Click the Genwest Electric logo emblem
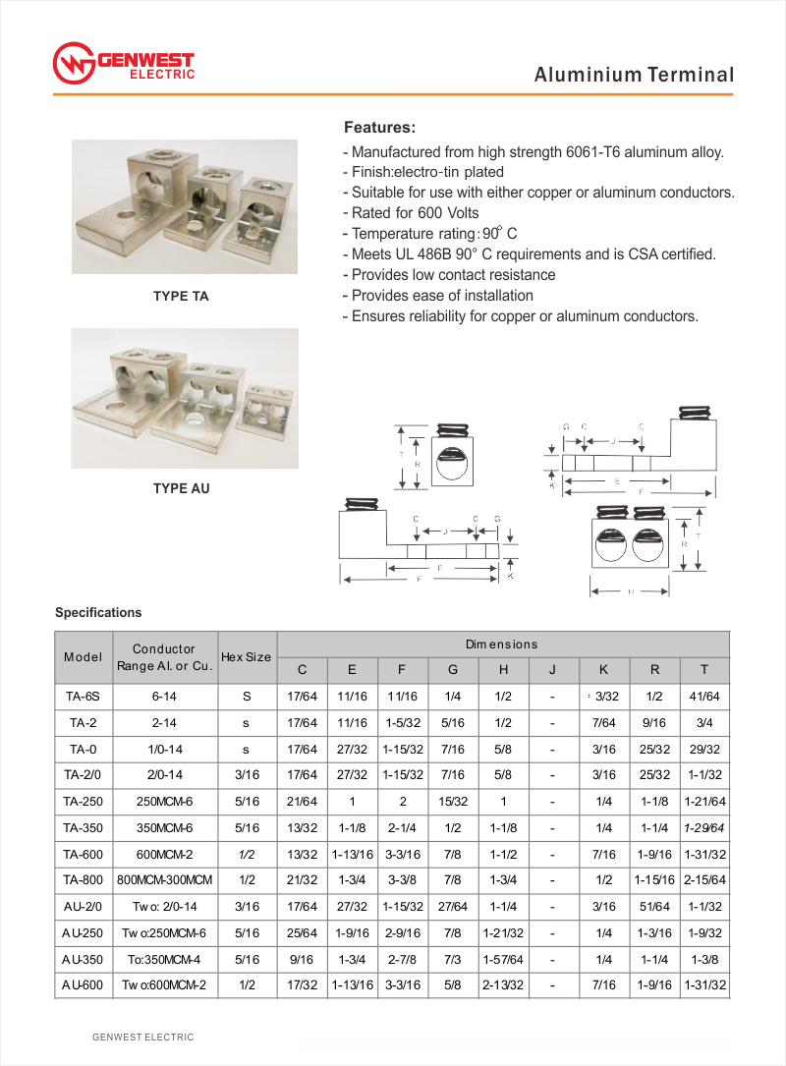73,64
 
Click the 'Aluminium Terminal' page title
634,75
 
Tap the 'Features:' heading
379,128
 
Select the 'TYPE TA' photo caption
181,296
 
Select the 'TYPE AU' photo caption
181,488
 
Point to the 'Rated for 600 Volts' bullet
415,213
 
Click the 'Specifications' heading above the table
98,613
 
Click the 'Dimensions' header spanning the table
502,645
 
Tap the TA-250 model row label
83,802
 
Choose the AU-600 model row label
83,984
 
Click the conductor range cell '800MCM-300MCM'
164,878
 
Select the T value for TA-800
704,878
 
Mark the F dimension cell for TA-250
402,802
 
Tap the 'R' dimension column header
653,670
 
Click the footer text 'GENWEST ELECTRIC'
143,1037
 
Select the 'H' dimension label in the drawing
630,591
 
